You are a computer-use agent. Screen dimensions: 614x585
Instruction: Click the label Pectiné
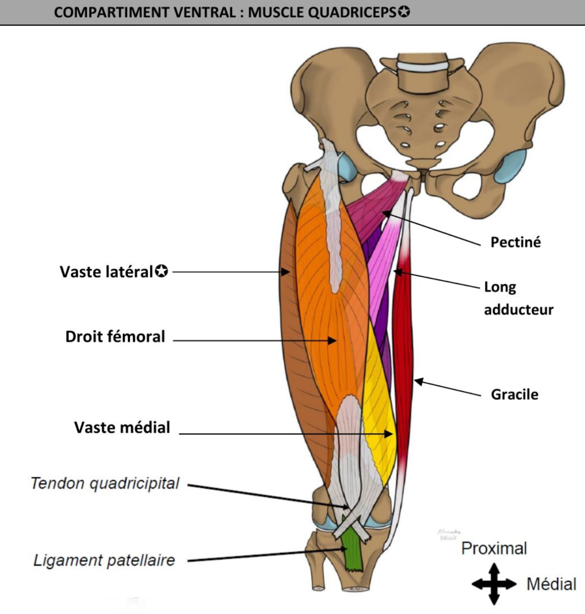pyautogui.click(x=515, y=242)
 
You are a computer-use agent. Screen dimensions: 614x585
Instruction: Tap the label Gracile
pyautogui.click(x=514, y=394)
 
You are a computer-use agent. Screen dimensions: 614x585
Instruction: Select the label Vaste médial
pyautogui.click(x=122, y=427)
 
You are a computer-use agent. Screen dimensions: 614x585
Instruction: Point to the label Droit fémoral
pyautogui.click(x=115, y=337)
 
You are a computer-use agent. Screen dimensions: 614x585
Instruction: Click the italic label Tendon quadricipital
pyautogui.click(x=105, y=483)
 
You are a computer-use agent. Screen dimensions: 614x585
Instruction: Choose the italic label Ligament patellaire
pyautogui.click(x=104, y=560)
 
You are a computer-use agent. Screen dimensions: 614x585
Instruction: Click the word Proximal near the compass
pyautogui.click(x=494, y=548)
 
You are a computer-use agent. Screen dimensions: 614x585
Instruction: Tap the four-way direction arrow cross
pyautogui.click(x=493, y=584)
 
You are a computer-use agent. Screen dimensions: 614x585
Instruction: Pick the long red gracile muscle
pyautogui.click(x=402, y=362)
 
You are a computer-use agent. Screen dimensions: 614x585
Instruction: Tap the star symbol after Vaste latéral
pyautogui.click(x=162, y=271)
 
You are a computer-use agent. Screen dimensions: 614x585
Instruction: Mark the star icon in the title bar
pyautogui.click(x=404, y=12)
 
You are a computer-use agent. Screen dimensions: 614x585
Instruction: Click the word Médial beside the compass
pyautogui.click(x=551, y=584)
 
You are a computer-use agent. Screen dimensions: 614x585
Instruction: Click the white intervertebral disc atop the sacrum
pyautogui.click(x=422, y=66)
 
